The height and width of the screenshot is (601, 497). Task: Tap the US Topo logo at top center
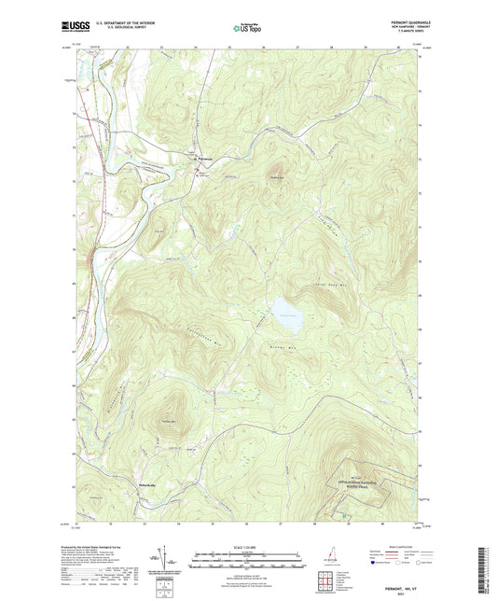246,29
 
